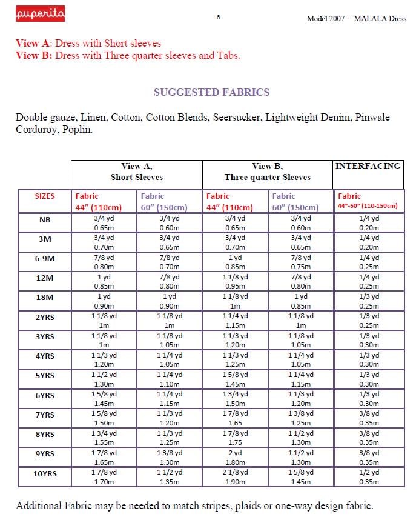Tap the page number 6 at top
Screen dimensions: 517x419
tap(218, 18)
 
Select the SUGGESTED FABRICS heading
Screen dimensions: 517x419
tap(211, 92)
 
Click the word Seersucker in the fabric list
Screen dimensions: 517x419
tap(237, 117)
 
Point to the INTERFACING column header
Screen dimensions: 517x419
tap(368, 166)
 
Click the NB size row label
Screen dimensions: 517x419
tap(45, 220)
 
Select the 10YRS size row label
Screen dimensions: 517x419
tap(45, 473)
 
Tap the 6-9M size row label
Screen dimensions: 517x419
tap(45, 259)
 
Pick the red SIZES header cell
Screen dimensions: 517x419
tap(45, 196)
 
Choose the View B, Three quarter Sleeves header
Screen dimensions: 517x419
tap(267, 172)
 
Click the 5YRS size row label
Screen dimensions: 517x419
tap(45, 376)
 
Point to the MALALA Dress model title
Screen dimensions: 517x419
tap(356, 19)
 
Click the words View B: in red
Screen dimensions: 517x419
tap(34, 55)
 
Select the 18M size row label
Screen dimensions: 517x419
tap(45, 298)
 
